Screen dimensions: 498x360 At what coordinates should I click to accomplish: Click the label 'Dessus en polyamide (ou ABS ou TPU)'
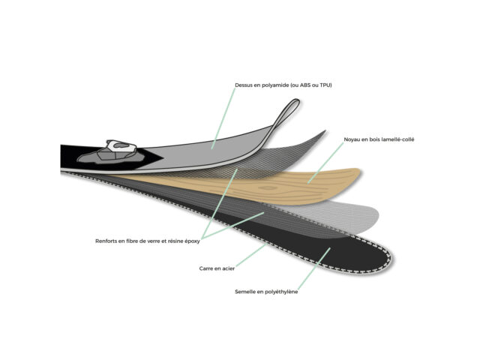[x=283, y=85]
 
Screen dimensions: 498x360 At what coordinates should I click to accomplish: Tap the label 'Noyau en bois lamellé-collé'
[x=379, y=139]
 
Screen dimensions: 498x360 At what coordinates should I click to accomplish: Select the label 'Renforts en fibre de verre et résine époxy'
[x=148, y=241]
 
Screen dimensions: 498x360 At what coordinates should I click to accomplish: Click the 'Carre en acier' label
[x=217, y=268]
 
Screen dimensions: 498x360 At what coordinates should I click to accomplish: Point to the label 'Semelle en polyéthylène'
[x=266, y=292]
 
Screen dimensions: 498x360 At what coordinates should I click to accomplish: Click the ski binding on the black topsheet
[x=110, y=152]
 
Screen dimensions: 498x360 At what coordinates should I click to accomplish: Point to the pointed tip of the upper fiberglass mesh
[x=325, y=131]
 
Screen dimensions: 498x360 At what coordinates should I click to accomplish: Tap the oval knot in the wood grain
[x=268, y=188]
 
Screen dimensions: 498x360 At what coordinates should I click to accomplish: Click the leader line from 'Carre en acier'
[x=250, y=256]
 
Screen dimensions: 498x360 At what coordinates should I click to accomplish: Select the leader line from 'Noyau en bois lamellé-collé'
[x=325, y=163]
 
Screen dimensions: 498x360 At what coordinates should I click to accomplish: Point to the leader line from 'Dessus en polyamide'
[x=223, y=118]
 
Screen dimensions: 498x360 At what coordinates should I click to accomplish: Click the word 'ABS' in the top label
[x=305, y=85]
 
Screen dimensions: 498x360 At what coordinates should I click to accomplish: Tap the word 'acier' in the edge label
[x=228, y=268]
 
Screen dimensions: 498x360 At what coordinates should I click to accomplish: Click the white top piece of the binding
[x=121, y=146]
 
